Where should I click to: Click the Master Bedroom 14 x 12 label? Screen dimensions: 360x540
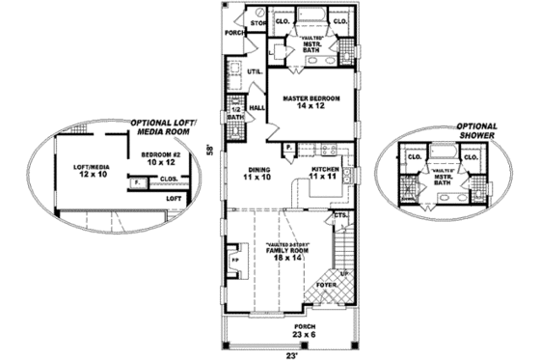tap(308, 102)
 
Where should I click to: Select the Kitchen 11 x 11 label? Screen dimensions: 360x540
tap(322, 174)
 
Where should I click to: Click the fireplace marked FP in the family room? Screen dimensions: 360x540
tap(235, 261)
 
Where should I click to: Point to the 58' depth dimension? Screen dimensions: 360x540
tap(209, 150)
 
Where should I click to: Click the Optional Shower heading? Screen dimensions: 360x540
tap(476, 130)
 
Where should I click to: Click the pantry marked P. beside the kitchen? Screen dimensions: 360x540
tap(288, 147)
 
